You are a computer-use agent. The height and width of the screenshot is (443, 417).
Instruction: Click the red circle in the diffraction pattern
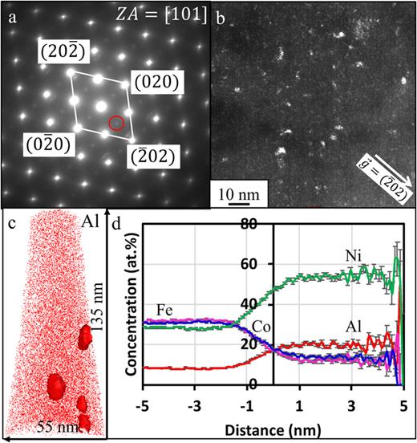coord(116,123)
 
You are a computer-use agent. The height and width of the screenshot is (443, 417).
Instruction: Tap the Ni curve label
coord(344,254)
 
